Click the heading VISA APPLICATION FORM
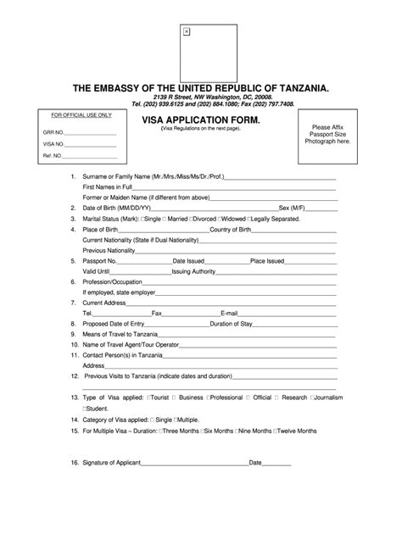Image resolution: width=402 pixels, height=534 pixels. coord(201,120)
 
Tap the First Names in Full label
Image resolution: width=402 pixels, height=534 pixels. coord(108,186)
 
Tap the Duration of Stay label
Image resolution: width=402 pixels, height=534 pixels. coord(235,324)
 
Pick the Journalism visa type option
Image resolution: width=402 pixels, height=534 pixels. coord(327,397)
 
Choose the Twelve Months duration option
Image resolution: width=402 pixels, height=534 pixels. coord(296,431)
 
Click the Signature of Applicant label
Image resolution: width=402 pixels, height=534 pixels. coord(119,463)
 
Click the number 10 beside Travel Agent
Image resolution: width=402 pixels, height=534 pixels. coord(75,345)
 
